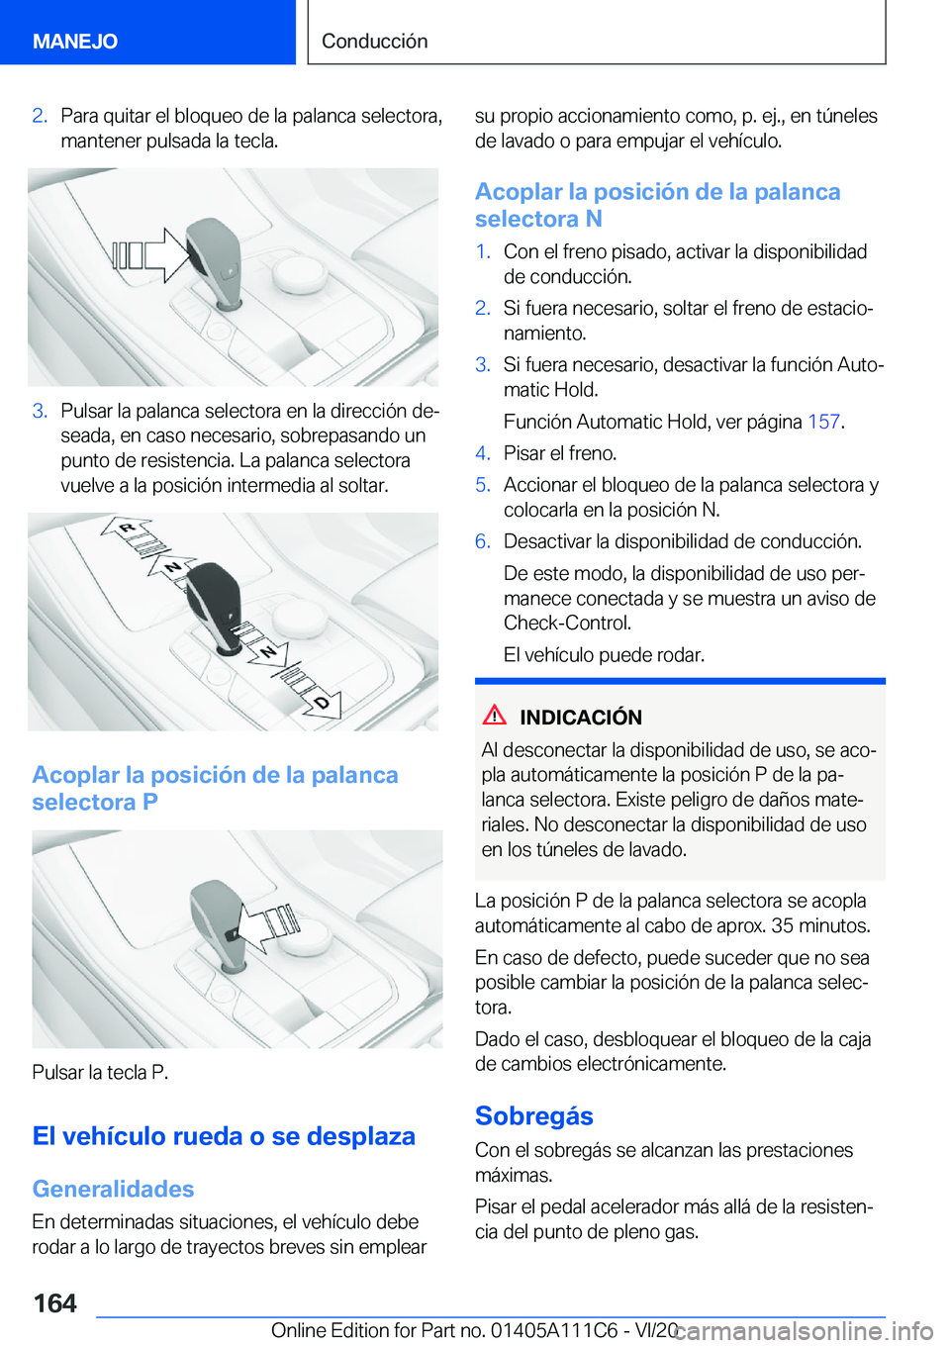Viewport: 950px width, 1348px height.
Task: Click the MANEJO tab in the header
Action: point(75,41)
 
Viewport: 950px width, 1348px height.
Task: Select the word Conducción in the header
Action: point(374,41)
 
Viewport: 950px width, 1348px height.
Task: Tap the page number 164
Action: point(54,1302)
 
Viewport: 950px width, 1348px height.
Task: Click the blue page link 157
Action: point(823,422)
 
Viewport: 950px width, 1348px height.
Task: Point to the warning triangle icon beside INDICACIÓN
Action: point(495,716)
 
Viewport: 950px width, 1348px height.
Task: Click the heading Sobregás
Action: point(533,1115)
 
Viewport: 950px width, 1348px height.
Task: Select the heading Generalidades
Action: point(113,1189)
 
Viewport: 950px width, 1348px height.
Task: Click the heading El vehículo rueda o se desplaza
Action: point(224,1136)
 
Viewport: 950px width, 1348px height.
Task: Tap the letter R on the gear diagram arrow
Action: point(127,528)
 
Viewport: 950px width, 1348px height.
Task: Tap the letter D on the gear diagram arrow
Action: point(321,703)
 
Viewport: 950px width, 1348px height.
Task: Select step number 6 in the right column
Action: point(482,541)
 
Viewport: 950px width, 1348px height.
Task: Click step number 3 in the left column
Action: point(40,411)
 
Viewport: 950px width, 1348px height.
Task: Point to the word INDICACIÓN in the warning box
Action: point(580,718)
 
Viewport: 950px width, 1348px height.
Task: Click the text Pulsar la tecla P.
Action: point(100,1072)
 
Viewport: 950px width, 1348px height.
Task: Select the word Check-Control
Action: point(566,623)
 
